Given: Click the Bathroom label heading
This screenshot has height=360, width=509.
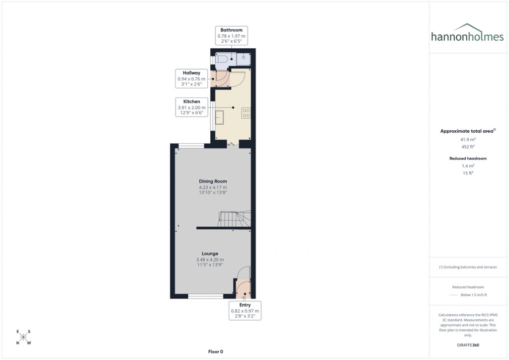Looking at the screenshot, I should click(x=231, y=30).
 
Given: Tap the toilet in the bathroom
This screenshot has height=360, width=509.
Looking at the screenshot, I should click(x=221, y=60).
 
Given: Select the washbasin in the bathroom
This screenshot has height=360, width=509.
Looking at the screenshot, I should click(x=244, y=59).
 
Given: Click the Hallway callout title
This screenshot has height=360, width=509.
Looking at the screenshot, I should click(x=191, y=73).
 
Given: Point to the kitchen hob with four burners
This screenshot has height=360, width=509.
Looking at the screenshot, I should click(x=246, y=113).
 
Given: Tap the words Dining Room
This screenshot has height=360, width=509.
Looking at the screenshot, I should click(x=213, y=181).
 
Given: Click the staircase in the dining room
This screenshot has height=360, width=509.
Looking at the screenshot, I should click(x=234, y=219).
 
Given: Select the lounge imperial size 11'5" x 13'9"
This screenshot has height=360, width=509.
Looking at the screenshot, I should click(x=210, y=265).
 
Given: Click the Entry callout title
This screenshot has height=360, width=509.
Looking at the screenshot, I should click(x=245, y=305).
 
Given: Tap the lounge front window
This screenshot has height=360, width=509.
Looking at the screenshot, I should click(x=205, y=296).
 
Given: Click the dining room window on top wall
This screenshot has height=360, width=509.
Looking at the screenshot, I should click(x=191, y=146).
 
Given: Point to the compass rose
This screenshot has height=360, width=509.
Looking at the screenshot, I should click(x=23, y=337).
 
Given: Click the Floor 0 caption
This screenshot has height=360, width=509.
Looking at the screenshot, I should click(x=215, y=352).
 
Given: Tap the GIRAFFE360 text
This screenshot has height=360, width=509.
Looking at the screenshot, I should click(x=468, y=345).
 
